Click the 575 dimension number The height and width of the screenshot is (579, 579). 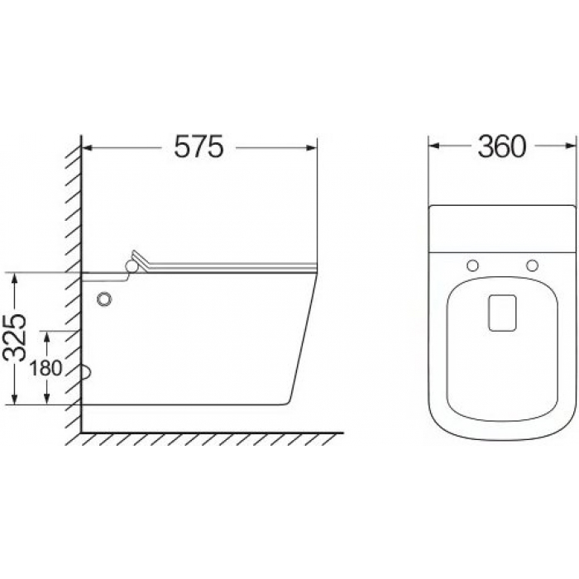pos(199,146)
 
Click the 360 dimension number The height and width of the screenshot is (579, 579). pos(501,146)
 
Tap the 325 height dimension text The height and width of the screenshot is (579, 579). pos(15,337)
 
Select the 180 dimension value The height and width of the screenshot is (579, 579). pos(45,368)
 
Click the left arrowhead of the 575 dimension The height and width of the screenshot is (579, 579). pos(86,148)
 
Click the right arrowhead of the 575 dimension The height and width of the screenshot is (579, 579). pos(312,148)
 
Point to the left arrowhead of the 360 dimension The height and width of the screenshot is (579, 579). pos(433,146)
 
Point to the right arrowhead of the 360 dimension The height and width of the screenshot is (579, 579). pos(571,146)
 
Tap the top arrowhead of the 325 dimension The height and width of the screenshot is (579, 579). pos(14,278)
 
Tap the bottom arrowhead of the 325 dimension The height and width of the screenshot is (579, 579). pos(14,400)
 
